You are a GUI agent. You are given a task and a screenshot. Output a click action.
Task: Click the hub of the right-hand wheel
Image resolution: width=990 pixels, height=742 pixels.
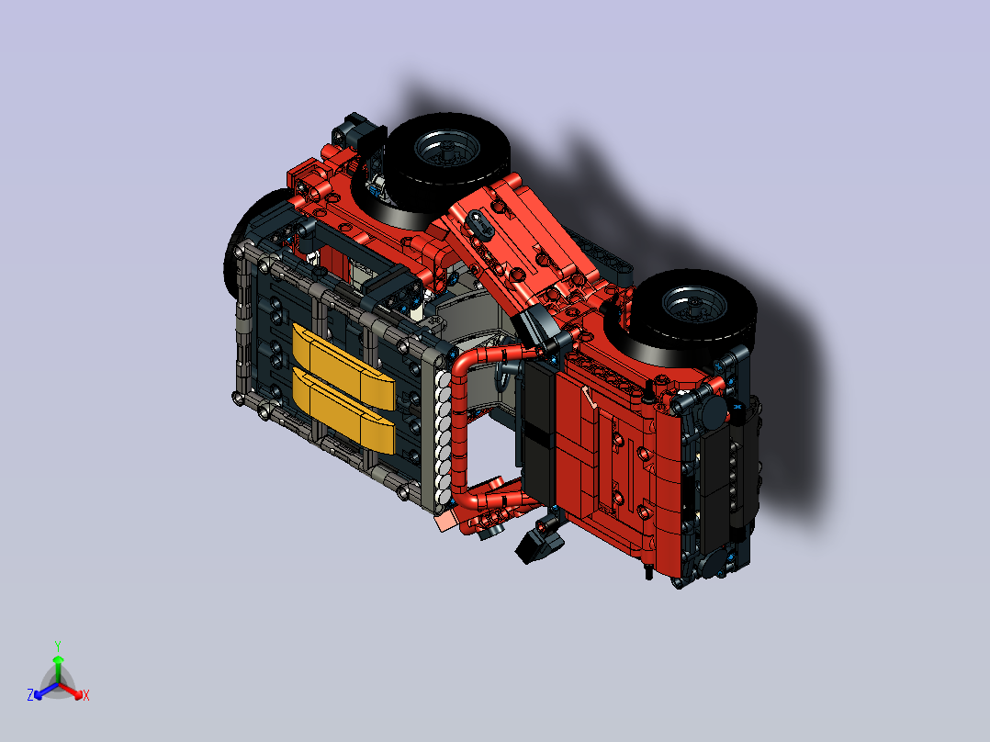693,307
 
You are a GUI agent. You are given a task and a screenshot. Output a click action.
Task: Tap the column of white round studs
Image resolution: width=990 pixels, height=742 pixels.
444,438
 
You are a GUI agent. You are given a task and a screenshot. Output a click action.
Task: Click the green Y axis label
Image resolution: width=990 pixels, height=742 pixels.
58,646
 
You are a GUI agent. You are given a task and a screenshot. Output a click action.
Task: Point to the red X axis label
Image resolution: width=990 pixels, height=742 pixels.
86,695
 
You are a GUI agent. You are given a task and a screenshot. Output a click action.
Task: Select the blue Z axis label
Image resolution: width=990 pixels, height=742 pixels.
29,695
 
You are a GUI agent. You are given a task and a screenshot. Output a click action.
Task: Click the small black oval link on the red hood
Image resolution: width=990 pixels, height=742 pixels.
482,223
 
